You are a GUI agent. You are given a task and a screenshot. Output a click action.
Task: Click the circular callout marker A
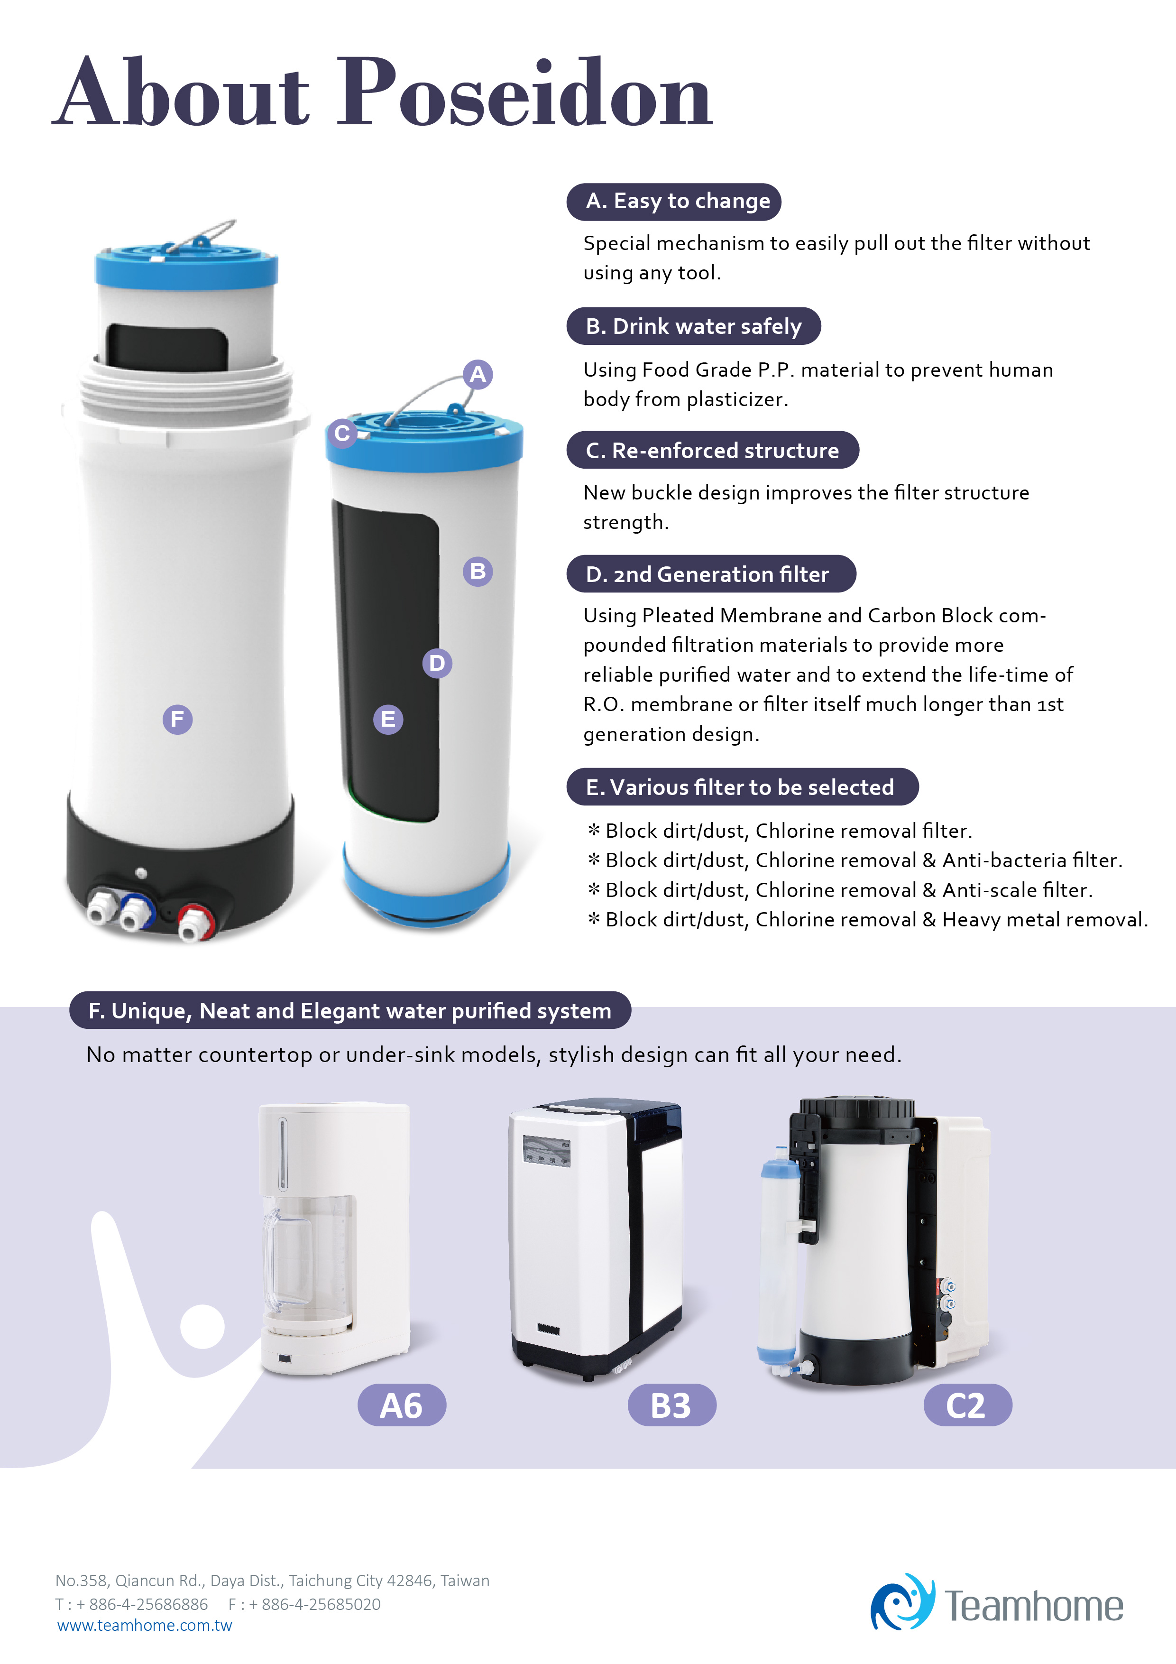478,375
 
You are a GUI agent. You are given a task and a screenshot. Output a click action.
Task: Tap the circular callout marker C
342,434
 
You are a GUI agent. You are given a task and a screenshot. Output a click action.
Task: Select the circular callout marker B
478,571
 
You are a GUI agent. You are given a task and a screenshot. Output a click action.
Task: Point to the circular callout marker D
437,663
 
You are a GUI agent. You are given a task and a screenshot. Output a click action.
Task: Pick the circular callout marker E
388,720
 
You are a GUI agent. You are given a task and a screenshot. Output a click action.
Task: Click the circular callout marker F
177,720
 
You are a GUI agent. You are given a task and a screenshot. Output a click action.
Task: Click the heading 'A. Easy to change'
674,202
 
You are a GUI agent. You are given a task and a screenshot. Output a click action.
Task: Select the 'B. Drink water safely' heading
693,326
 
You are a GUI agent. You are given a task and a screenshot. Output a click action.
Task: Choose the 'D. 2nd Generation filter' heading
711,574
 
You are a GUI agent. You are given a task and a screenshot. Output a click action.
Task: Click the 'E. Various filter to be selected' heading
742,787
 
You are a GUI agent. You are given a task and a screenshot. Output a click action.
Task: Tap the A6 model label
402,1405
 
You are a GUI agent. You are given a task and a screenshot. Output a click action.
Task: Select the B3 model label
671,1405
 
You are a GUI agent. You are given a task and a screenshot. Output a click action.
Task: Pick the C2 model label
967,1405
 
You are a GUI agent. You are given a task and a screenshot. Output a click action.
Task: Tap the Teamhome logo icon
902,1602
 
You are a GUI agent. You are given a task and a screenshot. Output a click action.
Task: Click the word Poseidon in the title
526,93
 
